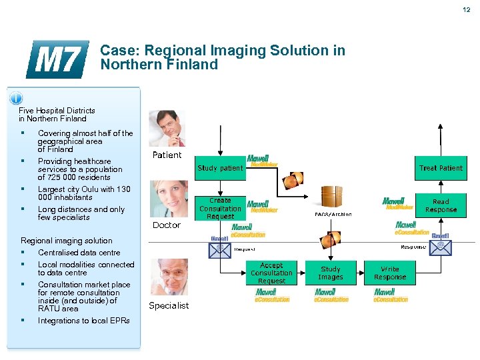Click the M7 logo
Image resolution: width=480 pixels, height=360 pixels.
57,59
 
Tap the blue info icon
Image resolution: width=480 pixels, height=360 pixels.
16,99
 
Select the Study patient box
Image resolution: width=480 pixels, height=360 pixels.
220,168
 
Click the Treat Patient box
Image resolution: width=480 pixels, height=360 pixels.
441,168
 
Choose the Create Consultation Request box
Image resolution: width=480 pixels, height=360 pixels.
220,208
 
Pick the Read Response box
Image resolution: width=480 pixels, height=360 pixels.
441,205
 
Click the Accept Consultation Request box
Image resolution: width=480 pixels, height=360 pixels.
271,273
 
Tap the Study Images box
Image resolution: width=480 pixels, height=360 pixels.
331,273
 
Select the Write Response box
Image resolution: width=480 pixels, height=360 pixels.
390,273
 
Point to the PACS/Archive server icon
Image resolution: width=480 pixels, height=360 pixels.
332,197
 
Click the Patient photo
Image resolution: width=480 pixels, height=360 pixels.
167,128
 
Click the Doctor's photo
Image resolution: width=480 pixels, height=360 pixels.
167,198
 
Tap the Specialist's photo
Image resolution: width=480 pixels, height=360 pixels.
167,277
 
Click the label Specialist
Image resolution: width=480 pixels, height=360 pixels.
169,306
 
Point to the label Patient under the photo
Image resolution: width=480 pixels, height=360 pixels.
167,155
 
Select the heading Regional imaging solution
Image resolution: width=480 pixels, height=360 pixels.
67,241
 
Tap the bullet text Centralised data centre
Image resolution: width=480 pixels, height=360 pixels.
79,253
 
